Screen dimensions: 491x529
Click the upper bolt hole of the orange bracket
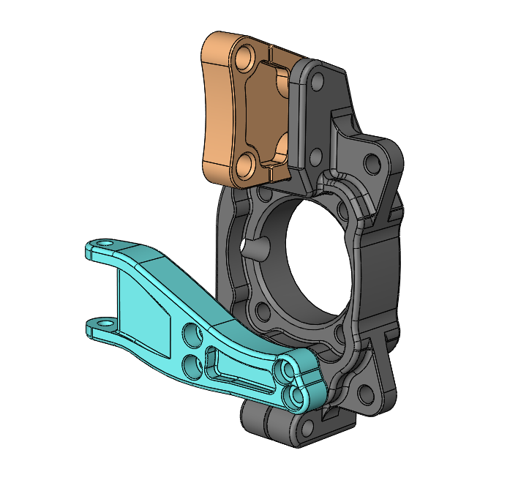pyautogui.click(x=244, y=56)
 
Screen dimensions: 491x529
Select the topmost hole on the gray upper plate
pyautogui.click(x=315, y=83)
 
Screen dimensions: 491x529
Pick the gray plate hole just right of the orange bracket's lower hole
pyautogui.click(x=315, y=156)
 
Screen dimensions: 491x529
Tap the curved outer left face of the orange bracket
pyautogui.click(x=214, y=110)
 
